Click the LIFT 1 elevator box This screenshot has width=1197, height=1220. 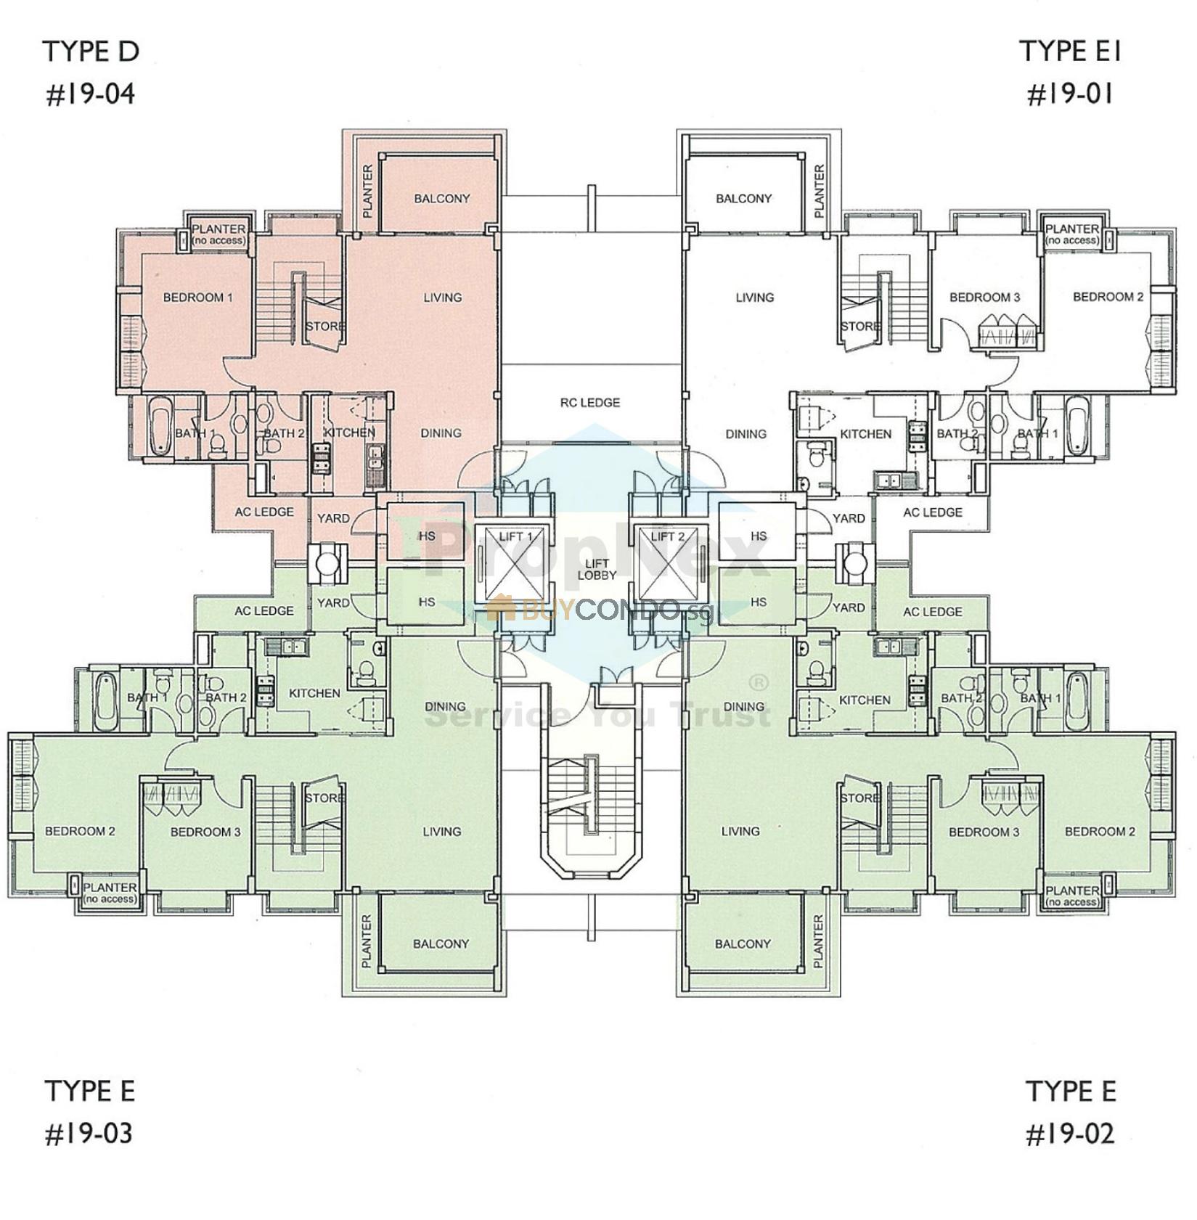point(515,563)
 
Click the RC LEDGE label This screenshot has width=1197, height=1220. point(589,402)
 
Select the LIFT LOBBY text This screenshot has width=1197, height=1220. point(597,569)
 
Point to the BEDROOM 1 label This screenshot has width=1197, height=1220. point(197,297)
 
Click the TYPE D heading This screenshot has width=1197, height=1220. point(91,52)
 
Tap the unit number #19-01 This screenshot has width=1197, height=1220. point(1070,94)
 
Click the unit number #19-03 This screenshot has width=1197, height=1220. point(89,1134)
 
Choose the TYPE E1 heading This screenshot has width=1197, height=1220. point(1070,52)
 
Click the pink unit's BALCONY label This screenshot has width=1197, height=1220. point(441,198)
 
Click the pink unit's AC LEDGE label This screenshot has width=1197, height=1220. point(263,512)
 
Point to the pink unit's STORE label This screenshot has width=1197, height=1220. point(324,326)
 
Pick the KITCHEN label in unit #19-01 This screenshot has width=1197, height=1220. point(865,433)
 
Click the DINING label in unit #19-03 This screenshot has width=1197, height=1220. point(445,706)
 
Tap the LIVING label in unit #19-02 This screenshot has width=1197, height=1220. point(740,831)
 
